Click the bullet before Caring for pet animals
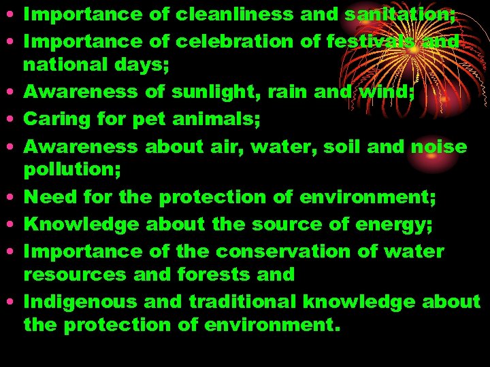coord(13,120)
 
